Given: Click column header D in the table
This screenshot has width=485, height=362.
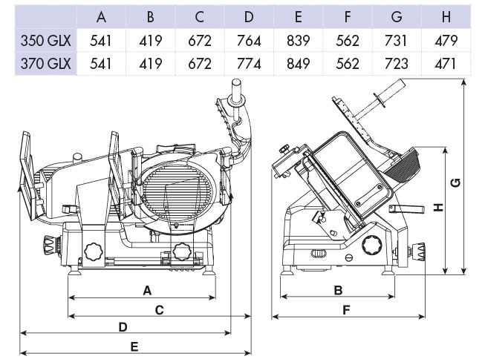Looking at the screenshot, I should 248,17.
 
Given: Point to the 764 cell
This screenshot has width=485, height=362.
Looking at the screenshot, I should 248,41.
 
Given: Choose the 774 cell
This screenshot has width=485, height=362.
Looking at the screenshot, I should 248,63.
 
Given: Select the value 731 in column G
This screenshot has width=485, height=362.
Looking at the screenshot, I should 397,41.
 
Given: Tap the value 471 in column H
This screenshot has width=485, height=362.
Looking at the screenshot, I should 446,63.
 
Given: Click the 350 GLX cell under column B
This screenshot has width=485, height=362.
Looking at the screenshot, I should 149,41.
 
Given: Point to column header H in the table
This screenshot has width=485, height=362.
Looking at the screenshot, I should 446,17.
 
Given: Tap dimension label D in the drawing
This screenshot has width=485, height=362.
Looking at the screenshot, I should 123,326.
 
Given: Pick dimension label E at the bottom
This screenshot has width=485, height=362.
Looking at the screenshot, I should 134,346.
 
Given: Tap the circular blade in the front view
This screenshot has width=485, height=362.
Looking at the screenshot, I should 182,191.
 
